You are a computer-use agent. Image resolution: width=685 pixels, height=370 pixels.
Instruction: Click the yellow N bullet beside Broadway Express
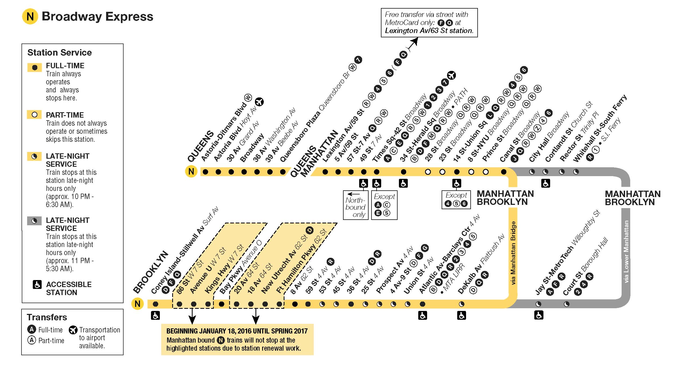[30, 17]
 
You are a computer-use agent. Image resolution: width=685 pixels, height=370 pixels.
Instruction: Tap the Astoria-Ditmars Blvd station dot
[205, 172]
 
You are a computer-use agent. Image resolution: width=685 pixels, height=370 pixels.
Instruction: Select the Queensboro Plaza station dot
[283, 172]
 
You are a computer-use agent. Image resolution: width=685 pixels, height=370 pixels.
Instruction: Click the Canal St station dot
[504, 172]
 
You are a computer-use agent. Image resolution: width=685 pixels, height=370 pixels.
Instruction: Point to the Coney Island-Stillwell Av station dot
[155, 304]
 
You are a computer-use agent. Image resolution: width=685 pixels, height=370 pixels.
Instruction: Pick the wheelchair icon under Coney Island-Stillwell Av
[155, 315]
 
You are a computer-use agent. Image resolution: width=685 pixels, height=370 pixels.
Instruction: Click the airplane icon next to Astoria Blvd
[259, 102]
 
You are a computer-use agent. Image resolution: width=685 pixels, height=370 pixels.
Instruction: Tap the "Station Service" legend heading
[59, 53]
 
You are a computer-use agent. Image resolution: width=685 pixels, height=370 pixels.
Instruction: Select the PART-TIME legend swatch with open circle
[34, 115]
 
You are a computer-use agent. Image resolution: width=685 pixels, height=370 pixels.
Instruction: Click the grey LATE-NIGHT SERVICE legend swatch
[34, 221]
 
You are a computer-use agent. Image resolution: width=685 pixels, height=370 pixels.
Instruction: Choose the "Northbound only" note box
[356, 205]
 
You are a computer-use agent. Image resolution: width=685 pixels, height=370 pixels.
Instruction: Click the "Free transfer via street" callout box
[429, 23]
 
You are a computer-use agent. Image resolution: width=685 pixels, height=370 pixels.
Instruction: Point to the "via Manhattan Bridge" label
[513, 252]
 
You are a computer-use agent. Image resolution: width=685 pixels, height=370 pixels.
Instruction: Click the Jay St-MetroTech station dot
[538, 304]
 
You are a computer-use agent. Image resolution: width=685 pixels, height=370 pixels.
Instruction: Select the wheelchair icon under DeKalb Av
[462, 315]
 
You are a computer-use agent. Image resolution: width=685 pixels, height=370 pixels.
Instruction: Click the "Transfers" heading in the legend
[47, 317]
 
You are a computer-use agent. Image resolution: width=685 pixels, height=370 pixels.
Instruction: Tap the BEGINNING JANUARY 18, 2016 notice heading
[237, 331]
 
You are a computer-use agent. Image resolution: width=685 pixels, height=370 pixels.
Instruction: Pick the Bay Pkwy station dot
[222, 304]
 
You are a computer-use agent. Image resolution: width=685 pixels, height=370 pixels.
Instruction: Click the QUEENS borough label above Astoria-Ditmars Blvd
[201, 147]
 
